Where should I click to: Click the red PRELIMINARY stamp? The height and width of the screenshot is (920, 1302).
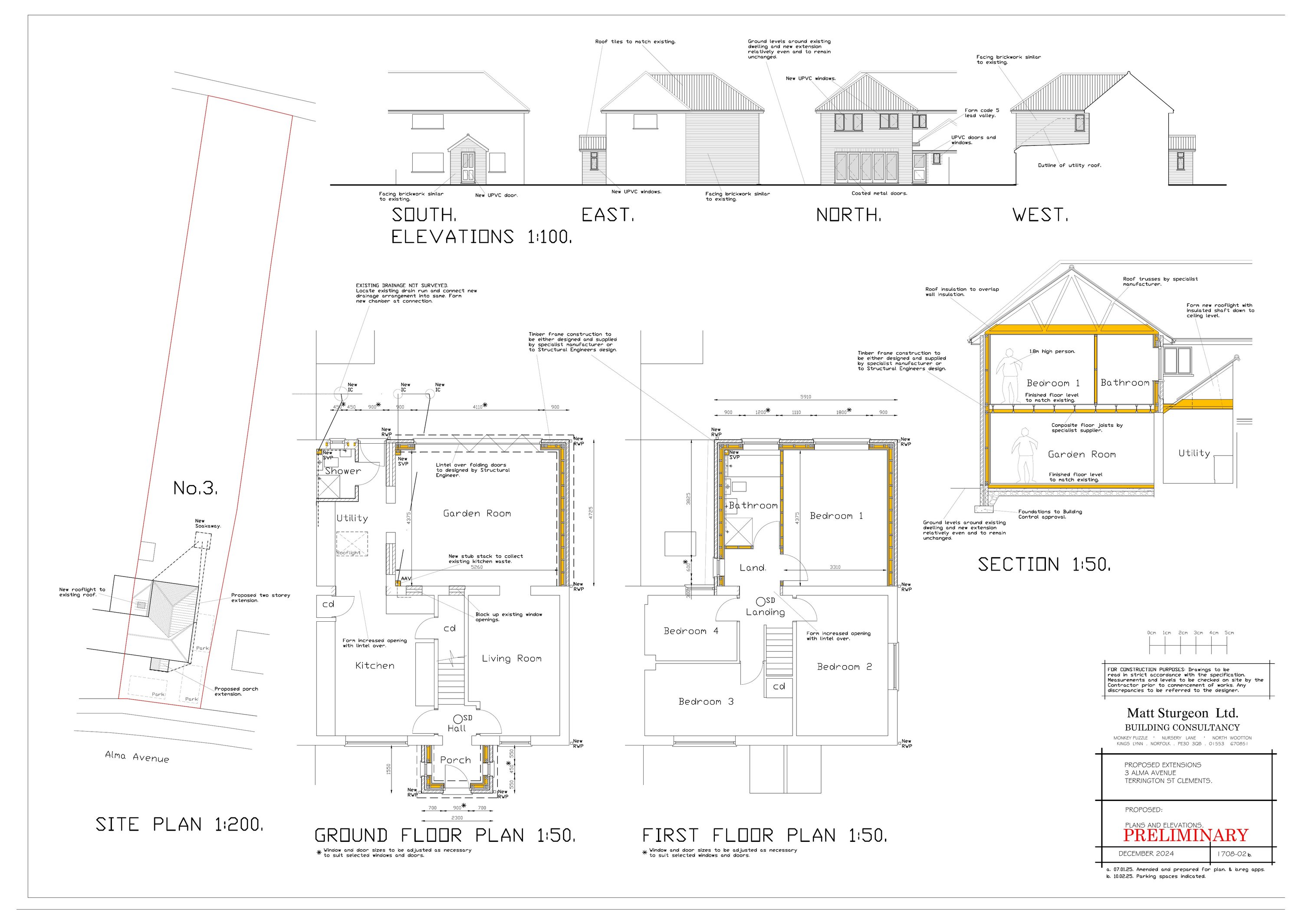click(1185, 835)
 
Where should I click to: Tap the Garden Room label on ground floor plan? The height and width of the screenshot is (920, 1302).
click(477, 513)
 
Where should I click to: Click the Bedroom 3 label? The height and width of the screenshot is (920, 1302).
click(706, 702)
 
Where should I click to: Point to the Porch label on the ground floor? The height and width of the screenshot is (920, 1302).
click(455, 760)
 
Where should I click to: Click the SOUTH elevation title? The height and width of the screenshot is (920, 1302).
click(424, 215)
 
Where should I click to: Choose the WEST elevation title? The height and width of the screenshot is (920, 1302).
click(1040, 215)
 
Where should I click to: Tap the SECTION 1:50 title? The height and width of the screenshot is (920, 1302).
click(1044, 564)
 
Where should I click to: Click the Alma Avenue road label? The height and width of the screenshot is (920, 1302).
click(137, 757)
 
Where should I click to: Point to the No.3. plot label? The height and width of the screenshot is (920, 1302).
click(195, 488)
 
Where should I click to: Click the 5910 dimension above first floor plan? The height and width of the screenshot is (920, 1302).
click(805, 397)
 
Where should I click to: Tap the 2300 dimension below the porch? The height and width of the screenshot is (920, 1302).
click(457, 818)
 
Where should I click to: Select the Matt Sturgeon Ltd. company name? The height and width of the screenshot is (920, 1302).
click(1182, 713)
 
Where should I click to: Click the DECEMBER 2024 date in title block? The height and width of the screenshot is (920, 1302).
click(1146, 854)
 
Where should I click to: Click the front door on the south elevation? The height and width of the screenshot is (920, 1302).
click(467, 167)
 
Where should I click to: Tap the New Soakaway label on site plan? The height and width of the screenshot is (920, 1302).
click(207, 524)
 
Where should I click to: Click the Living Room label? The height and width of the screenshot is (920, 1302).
click(512, 659)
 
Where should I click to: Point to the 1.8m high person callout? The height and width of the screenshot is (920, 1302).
click(1052, 352)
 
